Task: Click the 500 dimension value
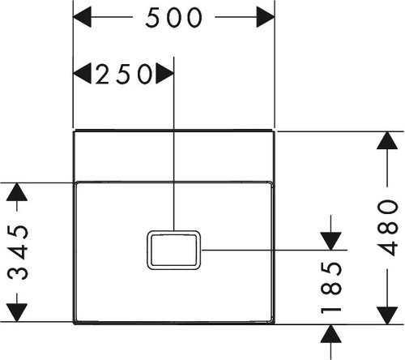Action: (x=173, y=17)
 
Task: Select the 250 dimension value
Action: (x=124, y=74)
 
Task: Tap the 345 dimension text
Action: (x=18, y=252)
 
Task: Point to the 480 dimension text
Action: (x=388, y=228)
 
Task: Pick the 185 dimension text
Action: (x=331, y=288)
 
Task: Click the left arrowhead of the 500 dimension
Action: (x=82, y=17)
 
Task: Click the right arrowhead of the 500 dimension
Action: (x=266, y=17)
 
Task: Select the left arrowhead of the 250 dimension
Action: (x=82, y=74)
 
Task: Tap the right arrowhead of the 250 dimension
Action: (x=165, y=74)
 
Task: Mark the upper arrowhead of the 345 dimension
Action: (x=17, y=192)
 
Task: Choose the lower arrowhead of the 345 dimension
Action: (x=17, y=313)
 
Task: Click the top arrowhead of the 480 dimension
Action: (x=387, y=140)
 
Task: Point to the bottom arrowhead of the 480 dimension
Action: (x=387, y=315)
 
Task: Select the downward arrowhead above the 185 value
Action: (x=330, y=241)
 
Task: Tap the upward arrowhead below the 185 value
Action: (x=330, y=334)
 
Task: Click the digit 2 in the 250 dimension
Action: (x=102, y=74)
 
